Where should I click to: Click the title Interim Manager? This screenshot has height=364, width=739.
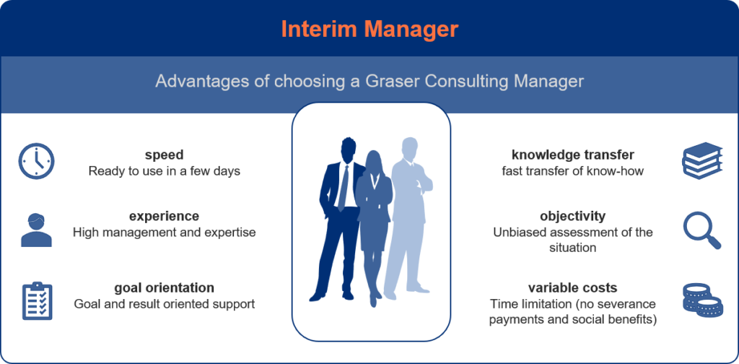pos(369,29)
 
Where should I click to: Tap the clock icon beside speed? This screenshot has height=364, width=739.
pos(36,161)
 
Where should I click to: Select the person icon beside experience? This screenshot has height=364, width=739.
pos(36,230)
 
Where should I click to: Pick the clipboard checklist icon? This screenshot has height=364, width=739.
pos(38,301)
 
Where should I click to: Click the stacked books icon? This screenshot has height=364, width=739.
pos(702,161)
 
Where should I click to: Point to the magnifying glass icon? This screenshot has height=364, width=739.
pos(702,230)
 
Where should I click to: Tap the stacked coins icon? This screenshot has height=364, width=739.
pos(702,300)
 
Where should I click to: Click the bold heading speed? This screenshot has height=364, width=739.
pos(164,155)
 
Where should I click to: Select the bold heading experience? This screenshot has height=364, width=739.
pos(164,217)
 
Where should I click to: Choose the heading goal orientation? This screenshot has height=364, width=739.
pos(164,287)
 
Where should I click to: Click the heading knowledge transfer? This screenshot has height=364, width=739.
pos(572,155)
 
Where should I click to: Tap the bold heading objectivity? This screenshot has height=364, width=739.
pos(572,217)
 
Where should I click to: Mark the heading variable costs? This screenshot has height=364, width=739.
pos(572,287)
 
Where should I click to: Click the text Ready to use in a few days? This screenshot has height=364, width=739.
pos(164,170)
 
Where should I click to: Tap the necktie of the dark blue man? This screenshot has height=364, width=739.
pos(343,188)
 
